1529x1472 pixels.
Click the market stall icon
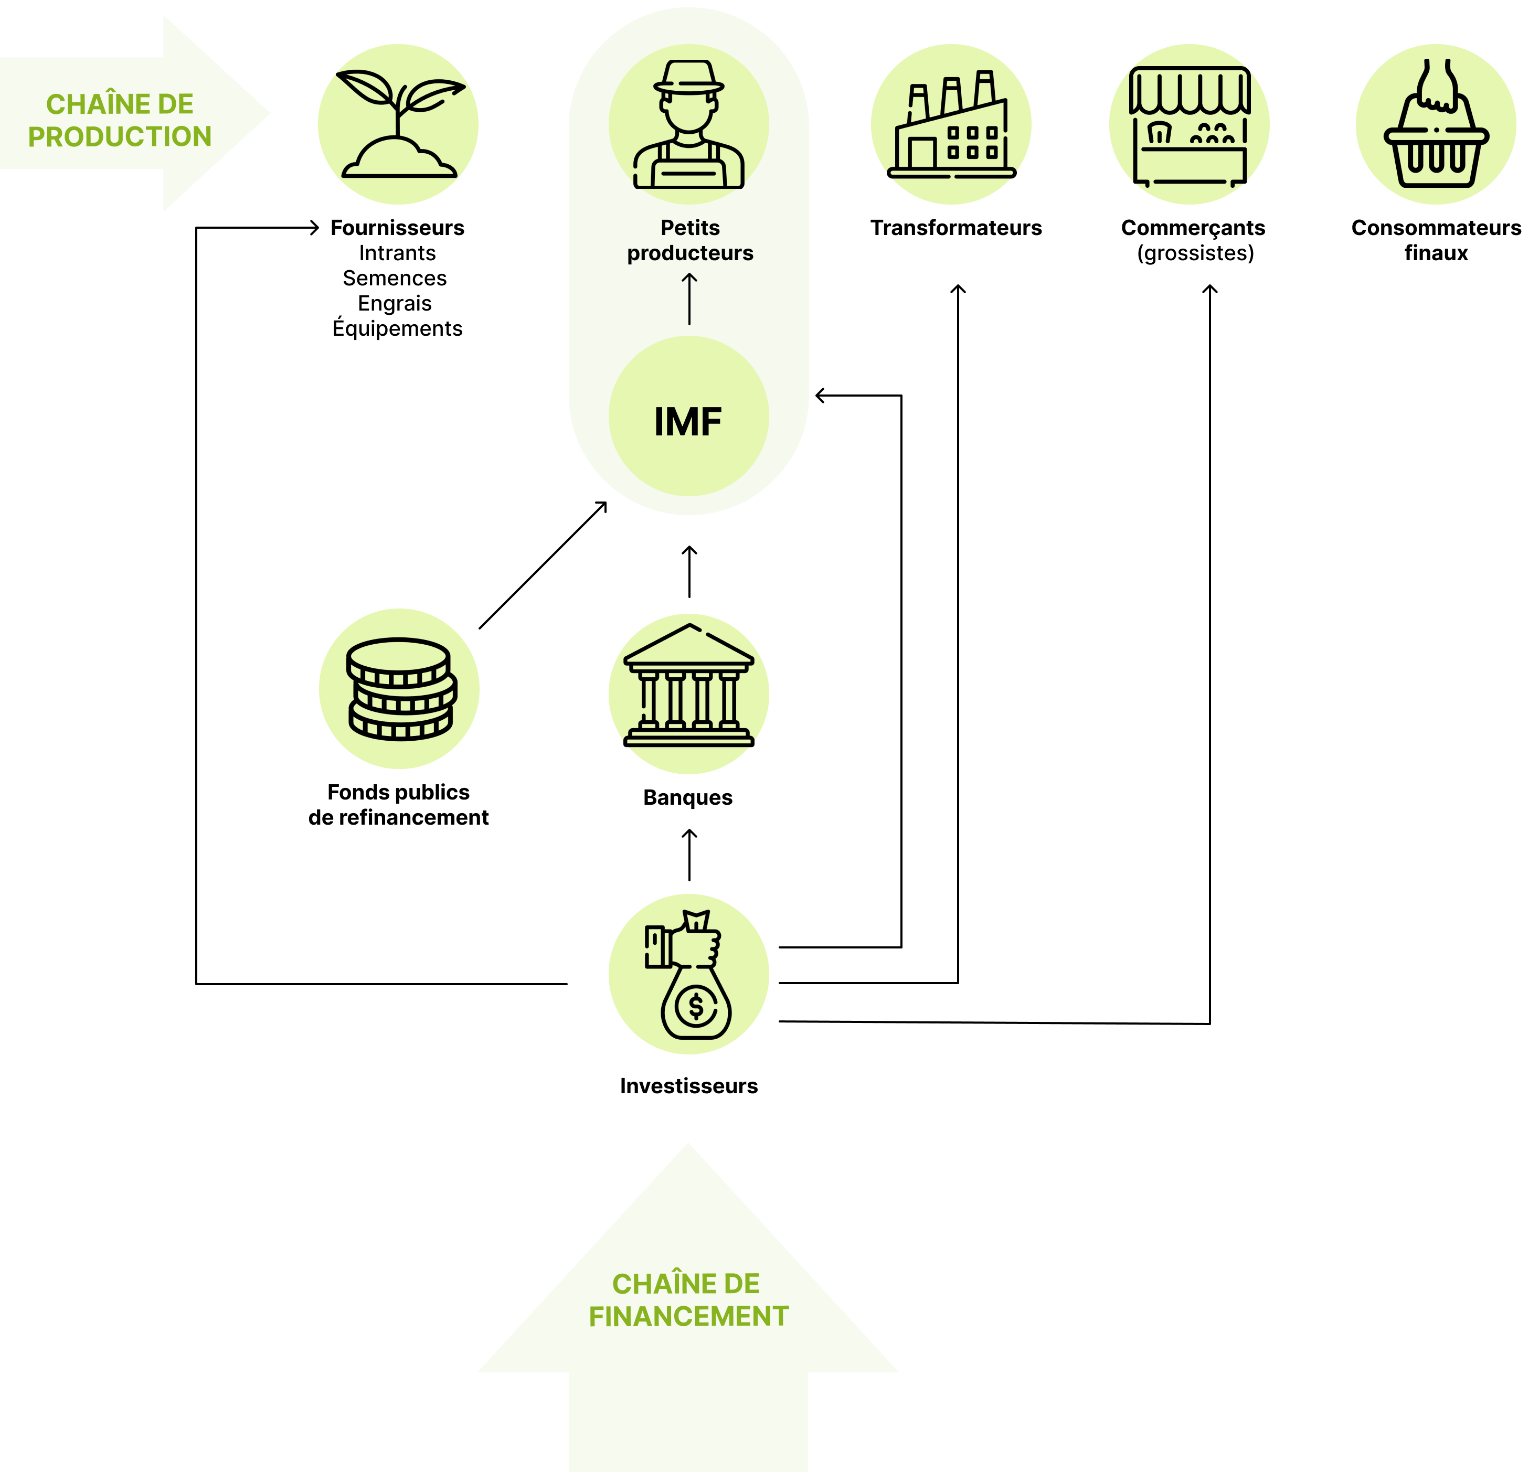click(1190, 125)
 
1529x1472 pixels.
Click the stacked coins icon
click(399, 689)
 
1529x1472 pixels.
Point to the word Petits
click(689, 228)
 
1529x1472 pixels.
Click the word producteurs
click(689, 253)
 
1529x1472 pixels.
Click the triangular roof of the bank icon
click(689, 644)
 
